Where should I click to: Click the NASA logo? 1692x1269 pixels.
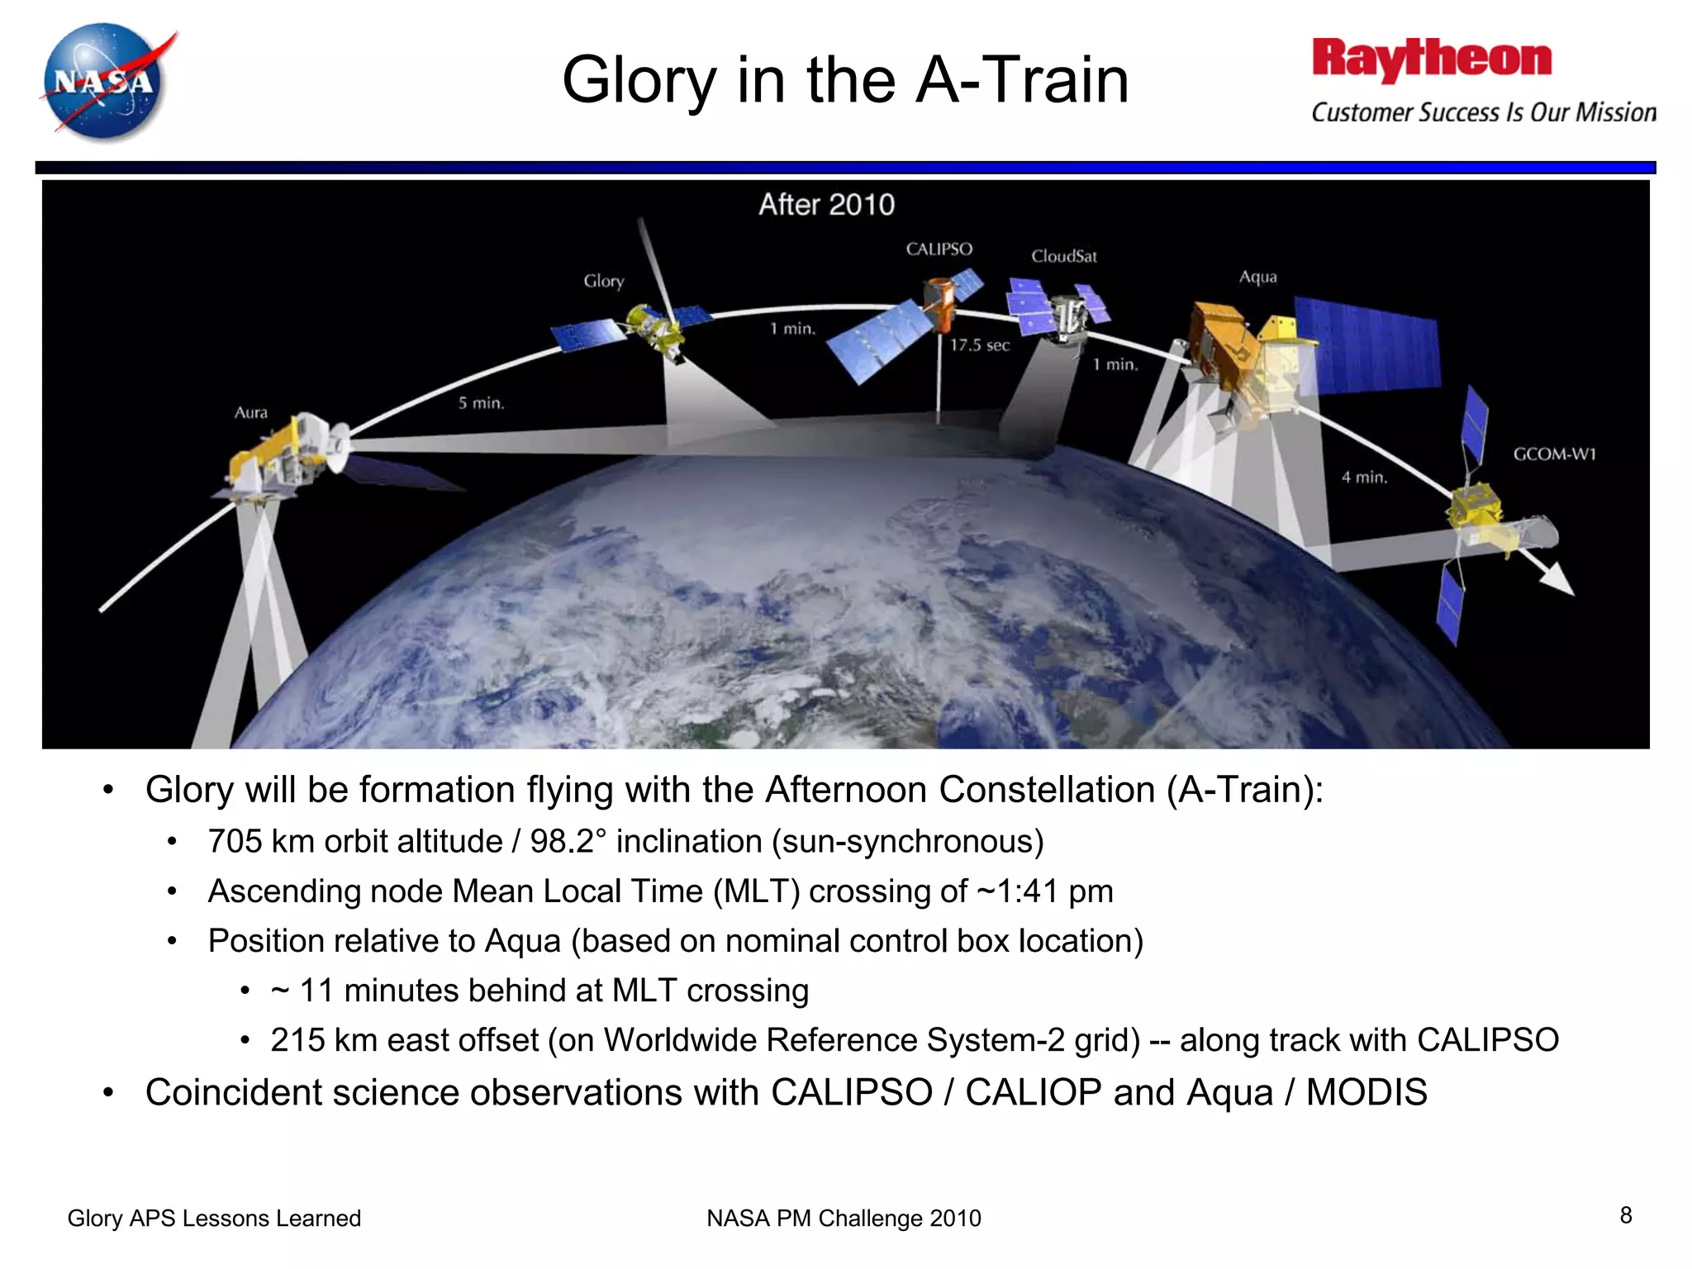[105, 82]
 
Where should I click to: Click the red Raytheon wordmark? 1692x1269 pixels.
[1431, 59]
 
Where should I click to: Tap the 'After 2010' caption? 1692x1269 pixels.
[826, 205]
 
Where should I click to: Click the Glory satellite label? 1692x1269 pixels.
[604, 282]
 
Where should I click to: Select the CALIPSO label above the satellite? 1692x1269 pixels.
[939, 250]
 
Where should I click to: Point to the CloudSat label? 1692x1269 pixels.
[1063, 257]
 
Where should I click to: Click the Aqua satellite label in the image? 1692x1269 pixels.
[1257, 278]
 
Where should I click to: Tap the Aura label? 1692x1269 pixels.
[251, 412]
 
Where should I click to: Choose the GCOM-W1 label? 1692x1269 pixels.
[1554, 454]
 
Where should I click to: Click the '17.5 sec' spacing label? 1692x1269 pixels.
[979, 345]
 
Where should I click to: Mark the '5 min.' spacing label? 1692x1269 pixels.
[481, 403]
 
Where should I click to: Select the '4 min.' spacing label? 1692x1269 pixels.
[1364, 478]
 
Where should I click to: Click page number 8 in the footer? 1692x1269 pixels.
[1625, 1215]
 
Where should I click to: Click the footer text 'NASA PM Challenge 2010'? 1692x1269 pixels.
[844, 1219]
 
